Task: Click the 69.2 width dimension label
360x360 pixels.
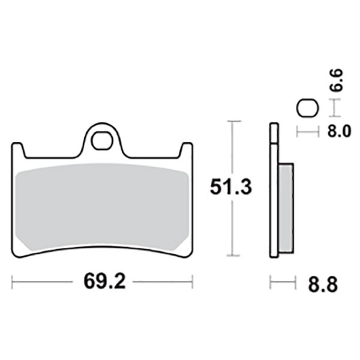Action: tap(104, 281)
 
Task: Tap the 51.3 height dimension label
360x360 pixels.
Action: tap(231, 187)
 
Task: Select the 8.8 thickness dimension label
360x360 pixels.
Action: tap(323, 284)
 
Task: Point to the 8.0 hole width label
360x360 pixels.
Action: tap(339, 131)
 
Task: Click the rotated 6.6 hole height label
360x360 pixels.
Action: tap(337, 80)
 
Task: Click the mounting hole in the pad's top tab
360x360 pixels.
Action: tap(102, 140)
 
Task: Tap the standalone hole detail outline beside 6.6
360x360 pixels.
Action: tap(308, 108)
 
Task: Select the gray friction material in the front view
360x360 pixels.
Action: tap(102, 206)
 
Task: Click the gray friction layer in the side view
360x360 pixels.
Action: tap(286, 208)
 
